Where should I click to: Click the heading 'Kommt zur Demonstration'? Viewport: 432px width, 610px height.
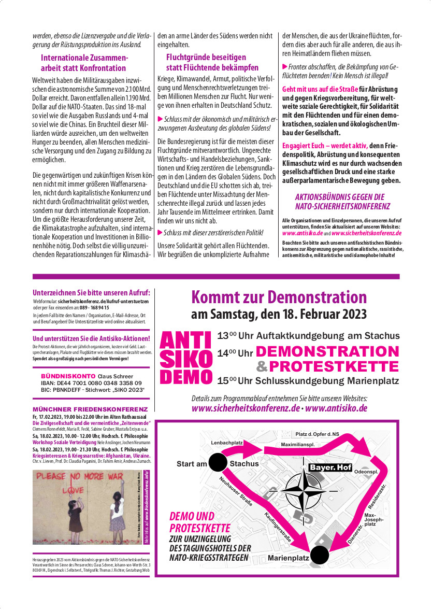click(279, 297)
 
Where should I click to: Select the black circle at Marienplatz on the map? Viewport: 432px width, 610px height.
click(320, 555)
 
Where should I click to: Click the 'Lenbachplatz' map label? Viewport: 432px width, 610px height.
click(227, 442)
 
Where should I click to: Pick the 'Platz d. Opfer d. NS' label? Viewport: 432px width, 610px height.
click(318, 434)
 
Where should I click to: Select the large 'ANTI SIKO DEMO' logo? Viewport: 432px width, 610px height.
click(186, 358)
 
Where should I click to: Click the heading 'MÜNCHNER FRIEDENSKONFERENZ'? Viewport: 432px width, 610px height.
click(90, 409)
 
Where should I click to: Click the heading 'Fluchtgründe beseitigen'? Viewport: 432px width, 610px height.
click(206, 57)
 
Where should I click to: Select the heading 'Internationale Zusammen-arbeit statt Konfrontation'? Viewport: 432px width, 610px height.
click(83, 63)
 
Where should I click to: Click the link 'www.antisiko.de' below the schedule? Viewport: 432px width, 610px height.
click(337, 408)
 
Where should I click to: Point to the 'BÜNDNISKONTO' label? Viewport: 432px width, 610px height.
click(68, 376)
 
